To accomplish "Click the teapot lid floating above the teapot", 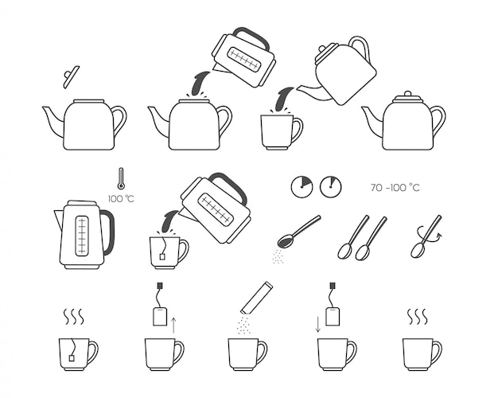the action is (71, 77).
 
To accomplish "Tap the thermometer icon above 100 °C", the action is (121, 179).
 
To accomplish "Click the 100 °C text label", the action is (121, 199).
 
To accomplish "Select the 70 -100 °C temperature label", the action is (395, 188).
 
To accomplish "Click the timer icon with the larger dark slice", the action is (302, 187).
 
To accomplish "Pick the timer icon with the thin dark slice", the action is (330, 187).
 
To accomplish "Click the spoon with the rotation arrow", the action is (426, 236).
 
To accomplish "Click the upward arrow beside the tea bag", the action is (173, 325).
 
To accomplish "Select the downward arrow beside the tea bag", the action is (318, 325).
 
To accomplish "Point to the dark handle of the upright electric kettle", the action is (108, 232).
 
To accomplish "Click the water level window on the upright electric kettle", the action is (82, 236).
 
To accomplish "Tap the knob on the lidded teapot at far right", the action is (407, 94).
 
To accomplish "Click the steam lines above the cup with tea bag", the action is (74, 316).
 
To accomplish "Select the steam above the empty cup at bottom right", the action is (418, 316).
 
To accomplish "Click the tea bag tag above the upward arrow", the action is (159, 286).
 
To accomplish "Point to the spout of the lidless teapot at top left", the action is (53, 121).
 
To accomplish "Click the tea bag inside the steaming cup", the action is (72, 358).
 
